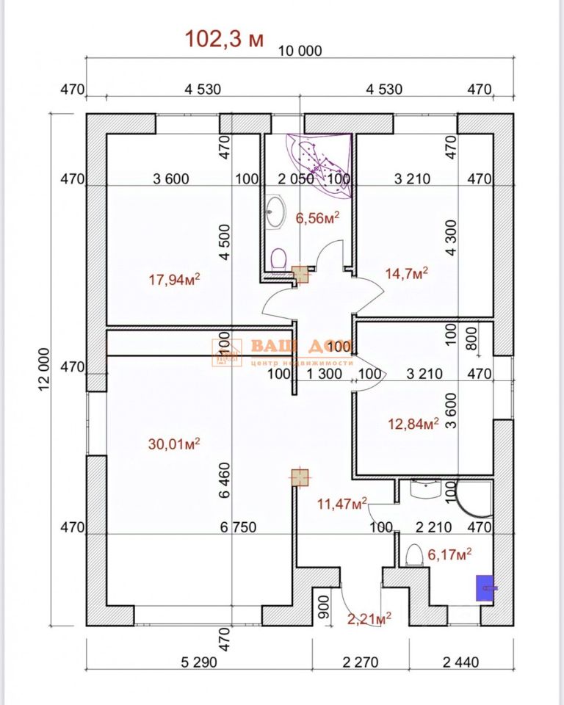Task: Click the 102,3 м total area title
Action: [224, 38]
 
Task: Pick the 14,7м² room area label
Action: [406, 274]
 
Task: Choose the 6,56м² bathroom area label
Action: [317, 218]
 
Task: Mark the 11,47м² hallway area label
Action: [341, 504]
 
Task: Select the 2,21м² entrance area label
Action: [369, 618]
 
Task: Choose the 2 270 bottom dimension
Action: [361, 662]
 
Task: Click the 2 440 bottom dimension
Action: [461, 662]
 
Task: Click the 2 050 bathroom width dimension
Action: [296, 178]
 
